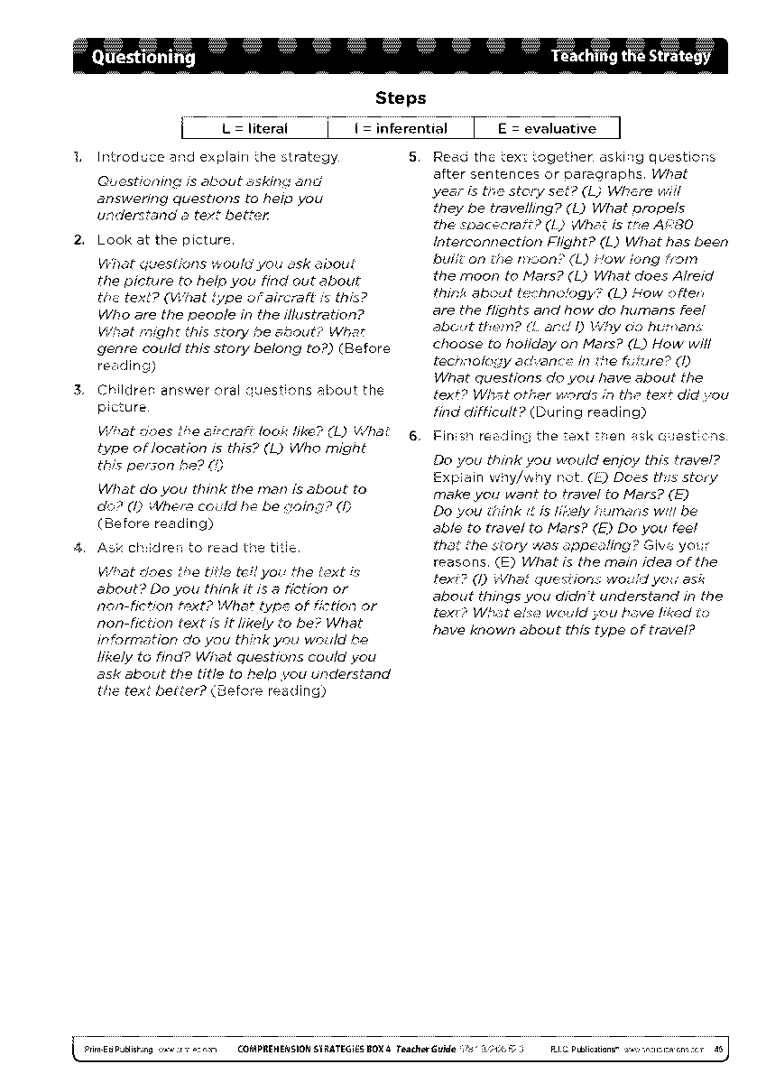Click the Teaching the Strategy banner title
[630, 58]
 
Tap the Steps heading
[400, 98]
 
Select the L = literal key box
[254, 129]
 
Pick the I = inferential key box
[401, 129]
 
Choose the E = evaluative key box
[547, 129]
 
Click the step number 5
[413, 157]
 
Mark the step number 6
[413, 437]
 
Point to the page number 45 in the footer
[717, 1050]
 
